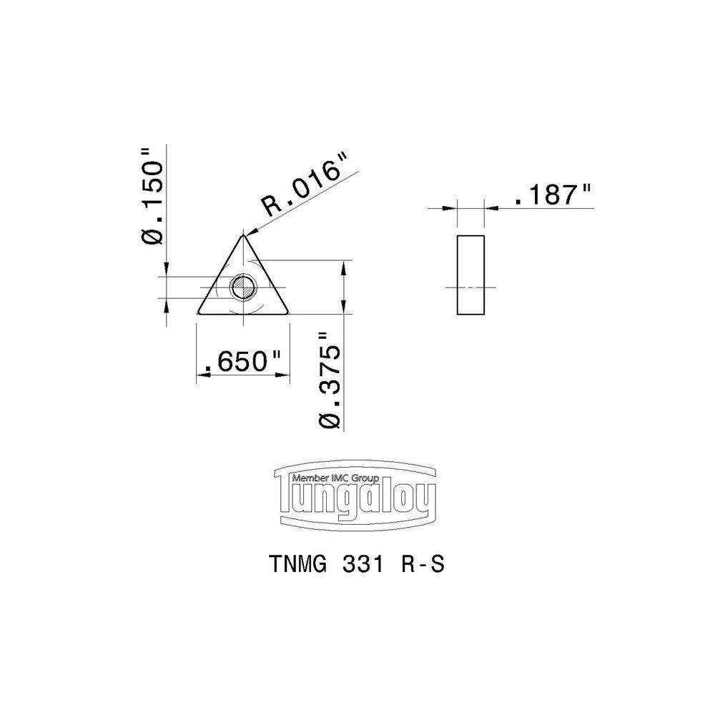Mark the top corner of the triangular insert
243,234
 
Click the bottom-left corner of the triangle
198,312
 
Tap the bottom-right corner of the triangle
289,312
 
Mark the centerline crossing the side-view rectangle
470,287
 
